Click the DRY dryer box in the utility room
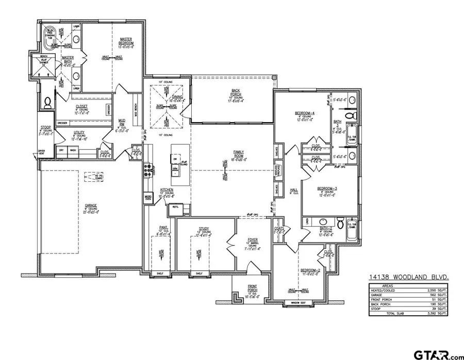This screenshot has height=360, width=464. point(62,150)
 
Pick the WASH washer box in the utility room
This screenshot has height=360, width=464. point(73,150)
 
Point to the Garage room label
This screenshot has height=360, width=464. point(91,208)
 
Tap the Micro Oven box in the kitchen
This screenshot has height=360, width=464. point(148,198)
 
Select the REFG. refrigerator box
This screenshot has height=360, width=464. point(175,208)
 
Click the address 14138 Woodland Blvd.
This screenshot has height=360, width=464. point(408,278)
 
